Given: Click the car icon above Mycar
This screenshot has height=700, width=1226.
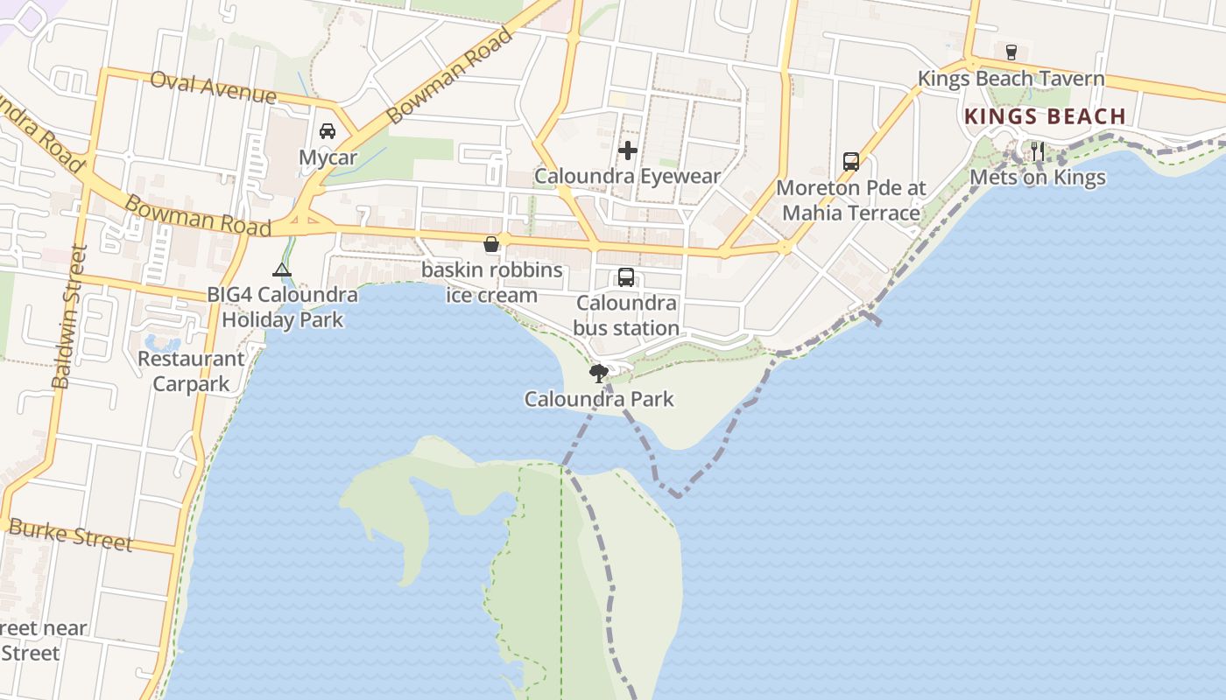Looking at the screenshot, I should coord(328,131).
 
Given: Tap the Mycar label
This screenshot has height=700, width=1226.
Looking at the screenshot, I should coord(328,157).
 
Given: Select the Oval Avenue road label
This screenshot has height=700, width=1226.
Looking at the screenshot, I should coord(213,87).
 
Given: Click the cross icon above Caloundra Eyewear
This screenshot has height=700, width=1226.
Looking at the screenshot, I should coord(627,150).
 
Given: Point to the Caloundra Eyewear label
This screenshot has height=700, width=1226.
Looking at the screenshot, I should coord(627,176).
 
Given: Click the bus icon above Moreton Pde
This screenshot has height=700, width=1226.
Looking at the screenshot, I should coord(850,162).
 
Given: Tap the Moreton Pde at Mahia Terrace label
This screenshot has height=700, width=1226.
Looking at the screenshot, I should coord(850,200).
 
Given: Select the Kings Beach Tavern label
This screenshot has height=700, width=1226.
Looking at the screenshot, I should coord(1011,79).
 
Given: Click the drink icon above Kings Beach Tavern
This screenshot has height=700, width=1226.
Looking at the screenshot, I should coord(1011,52).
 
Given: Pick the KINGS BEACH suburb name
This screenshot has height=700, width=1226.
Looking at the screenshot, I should coord(1045,116).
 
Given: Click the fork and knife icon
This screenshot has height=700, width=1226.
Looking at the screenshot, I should coord(1037,151).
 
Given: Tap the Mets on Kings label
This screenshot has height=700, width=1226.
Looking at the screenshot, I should coord(1037,178).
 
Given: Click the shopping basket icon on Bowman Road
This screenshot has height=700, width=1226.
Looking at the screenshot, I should coord(491,244).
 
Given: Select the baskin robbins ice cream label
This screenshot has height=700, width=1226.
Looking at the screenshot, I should coord(491,282).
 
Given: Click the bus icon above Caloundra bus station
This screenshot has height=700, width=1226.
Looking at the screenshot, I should coord(626,277).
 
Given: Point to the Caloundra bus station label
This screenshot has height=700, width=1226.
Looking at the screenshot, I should coord(627,316).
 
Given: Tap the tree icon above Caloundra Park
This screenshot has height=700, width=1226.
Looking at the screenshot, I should coord(599,374).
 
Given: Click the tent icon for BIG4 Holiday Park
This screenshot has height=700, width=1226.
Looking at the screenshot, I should coord(281,269).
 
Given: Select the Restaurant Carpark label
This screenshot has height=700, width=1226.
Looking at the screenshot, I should coord(191,371).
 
